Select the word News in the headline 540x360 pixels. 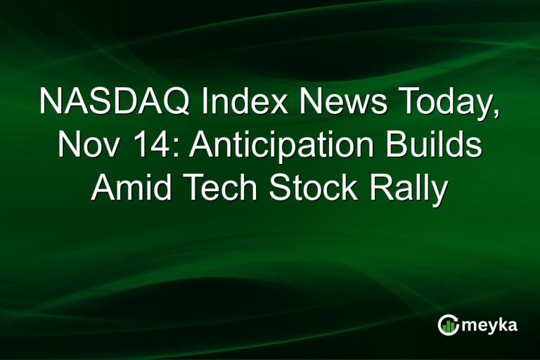coord(323,103)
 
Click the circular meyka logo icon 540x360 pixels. coord(447,324)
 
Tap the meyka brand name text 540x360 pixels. coord(490,326)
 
